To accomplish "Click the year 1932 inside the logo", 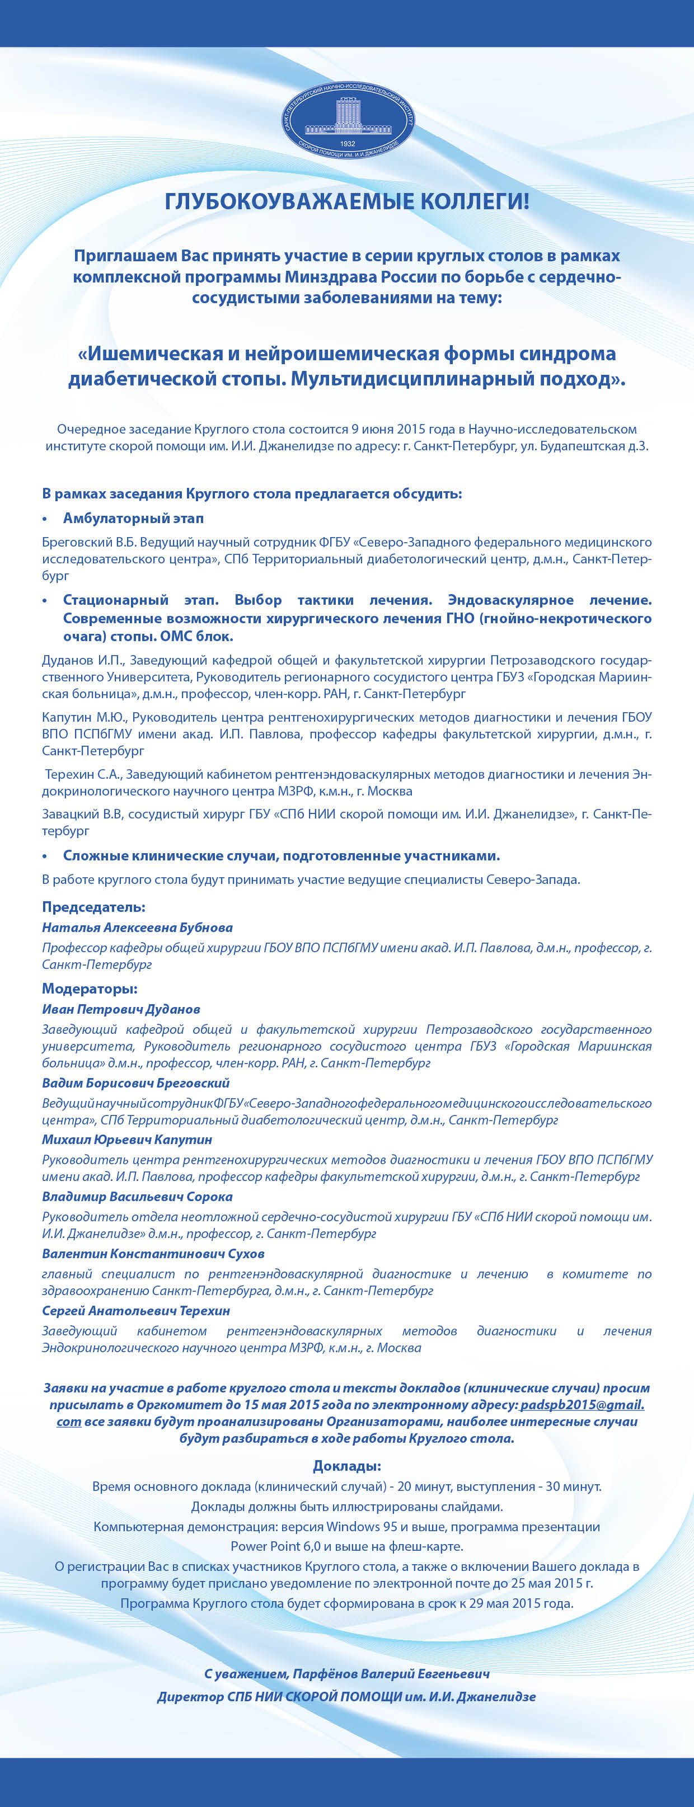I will pyautogui.click(x=348, y=143).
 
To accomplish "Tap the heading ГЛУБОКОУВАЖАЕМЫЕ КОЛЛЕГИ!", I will pyautogui.click(x=346, y=202).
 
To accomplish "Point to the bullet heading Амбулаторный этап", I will pyautogui.click(x=133, y=519).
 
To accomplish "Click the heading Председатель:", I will pyautogui.click(x=93, y=907).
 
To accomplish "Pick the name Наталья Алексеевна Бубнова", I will pyautogui.click(x=137, y=928).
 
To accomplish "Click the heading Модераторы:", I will pyautogui.click(x=90, y=989).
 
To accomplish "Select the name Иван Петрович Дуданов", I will pyautogui.click(x=121, y=1009).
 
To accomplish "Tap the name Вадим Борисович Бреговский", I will pyautogui.click(x=135, y=1083).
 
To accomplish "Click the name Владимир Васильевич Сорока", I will pyautogui.click(x=137, y=1197).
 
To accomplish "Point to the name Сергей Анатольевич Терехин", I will pyautogui.click(x=135, y=1310).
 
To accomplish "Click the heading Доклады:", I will pyautogui.click(x=346, y=1466).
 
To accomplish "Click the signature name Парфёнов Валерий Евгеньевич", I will pyautogui.click(x=391, y=1674).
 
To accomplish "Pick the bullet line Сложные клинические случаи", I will pyautogui.click(x=281, y=856).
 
